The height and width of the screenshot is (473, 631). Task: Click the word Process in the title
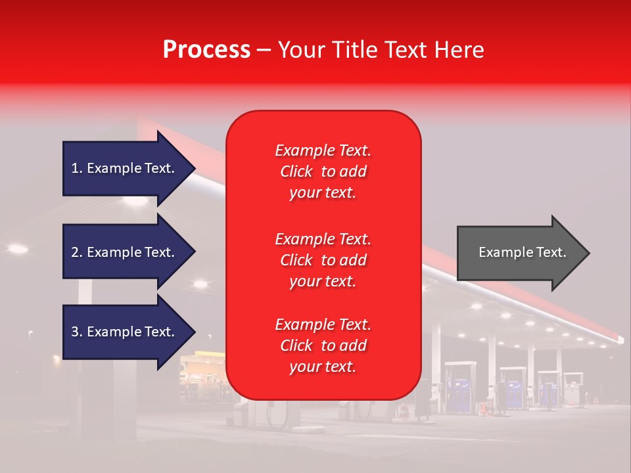[206, 50]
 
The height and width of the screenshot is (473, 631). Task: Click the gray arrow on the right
[519, 253]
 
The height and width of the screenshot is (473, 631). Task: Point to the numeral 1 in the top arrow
[75, 168]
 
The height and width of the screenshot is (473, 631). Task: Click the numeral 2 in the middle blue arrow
[75, 252]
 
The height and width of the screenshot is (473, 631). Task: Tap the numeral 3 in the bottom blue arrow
[75, 332]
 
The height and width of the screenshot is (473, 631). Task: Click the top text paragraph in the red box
[323, 171]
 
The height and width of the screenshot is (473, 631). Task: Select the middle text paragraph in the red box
[323, 260]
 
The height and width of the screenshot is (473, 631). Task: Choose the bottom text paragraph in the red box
[323, 346]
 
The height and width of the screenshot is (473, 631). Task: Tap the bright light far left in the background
[17, 248]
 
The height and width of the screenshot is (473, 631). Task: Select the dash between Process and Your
[264, 51]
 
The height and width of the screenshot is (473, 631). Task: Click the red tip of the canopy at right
[619, 339]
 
